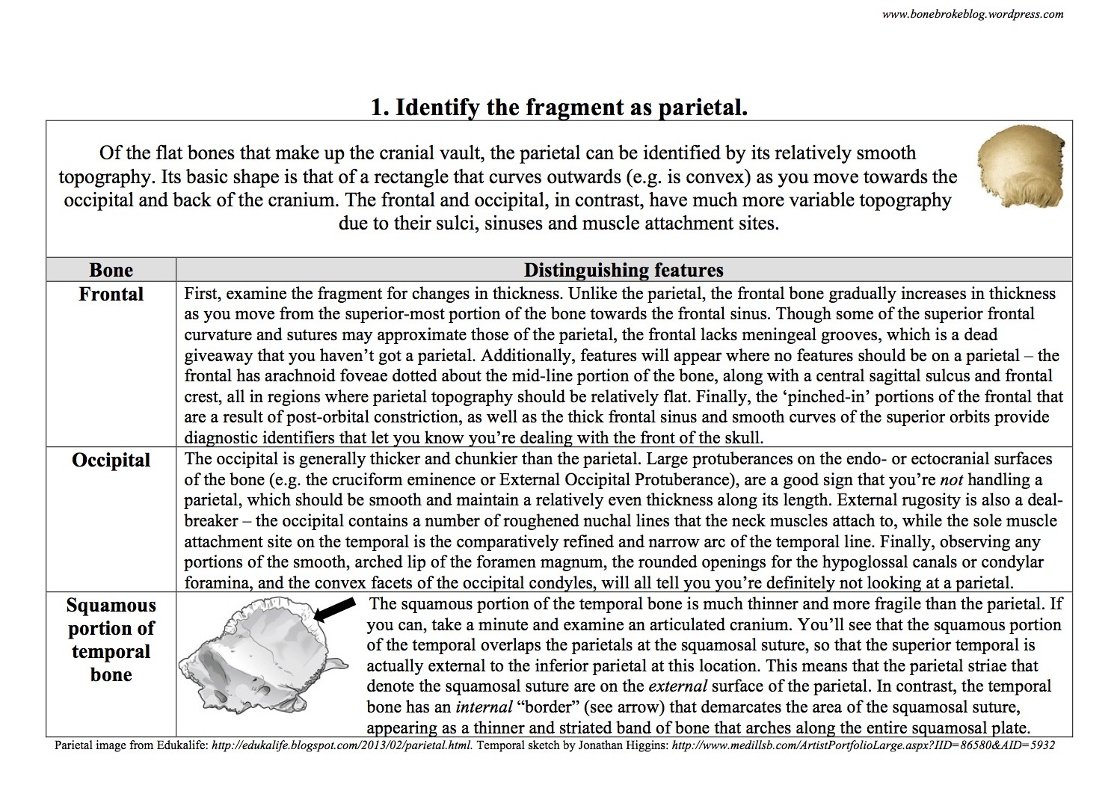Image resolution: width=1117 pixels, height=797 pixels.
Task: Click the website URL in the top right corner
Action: pos(972,13)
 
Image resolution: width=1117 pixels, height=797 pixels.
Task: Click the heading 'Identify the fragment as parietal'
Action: pos(559,108)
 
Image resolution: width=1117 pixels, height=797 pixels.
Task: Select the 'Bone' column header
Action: pos(111,270)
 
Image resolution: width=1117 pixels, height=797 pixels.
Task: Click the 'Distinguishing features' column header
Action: pos(624,270)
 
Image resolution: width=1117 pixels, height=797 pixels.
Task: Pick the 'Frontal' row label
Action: pos(111,294)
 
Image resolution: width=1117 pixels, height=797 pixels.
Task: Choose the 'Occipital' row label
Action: pos(111,460)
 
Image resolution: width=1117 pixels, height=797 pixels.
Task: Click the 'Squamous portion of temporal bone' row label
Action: pos(111,640)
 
